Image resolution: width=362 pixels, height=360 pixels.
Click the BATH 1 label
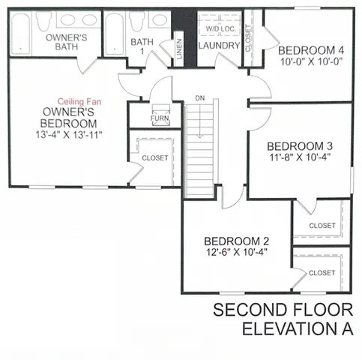(x=141, y=46)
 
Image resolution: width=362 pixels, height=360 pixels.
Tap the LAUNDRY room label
(x=219, y=46)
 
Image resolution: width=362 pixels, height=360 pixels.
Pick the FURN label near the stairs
(x=159, y=118)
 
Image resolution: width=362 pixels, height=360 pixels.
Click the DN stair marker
(x=199, y=98)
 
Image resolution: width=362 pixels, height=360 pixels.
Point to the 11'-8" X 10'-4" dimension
(x=299, y=157)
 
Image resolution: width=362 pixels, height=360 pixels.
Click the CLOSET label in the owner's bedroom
(x=155, y=158)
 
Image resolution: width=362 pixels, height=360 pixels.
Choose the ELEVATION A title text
(x=297, y=330)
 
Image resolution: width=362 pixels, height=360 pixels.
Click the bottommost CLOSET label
(x=322, y=273)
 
